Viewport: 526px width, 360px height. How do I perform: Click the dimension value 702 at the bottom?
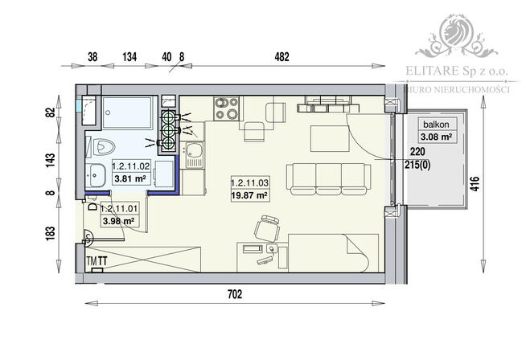234,295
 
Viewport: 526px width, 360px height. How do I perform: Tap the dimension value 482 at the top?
281,56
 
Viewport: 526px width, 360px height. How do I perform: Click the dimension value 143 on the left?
50,158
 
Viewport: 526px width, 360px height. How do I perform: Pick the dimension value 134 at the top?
128,56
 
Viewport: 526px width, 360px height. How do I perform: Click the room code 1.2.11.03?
249,182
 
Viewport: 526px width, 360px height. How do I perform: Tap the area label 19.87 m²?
249,194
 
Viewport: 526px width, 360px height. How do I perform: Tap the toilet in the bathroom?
104,146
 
